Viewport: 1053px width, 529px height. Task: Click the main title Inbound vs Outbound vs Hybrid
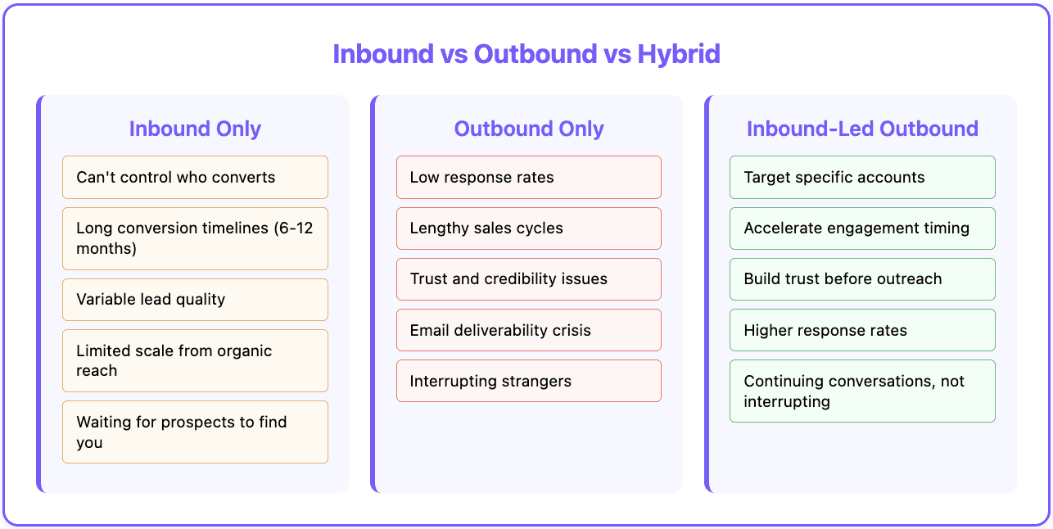[526, 54]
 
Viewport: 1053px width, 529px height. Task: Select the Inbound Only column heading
[195, 129]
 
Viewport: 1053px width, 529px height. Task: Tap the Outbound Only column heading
[529, 129]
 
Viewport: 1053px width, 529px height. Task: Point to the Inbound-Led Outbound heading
[862, 129]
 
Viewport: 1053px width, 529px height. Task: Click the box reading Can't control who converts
[195, 177]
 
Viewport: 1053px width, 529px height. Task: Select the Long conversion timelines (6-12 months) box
[195, 238]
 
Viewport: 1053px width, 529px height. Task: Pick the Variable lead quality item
[195, 299]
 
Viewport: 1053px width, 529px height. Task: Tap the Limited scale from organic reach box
[195, 360]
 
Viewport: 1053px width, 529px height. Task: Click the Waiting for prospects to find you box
[195, 432]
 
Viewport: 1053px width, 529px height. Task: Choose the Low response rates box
[529, 177]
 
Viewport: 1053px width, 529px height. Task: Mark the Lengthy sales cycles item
[529, 228]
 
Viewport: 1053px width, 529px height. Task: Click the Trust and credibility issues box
[529, 278]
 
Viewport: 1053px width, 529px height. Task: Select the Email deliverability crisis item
[529, 330]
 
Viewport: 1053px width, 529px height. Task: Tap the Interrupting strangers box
[529, 381]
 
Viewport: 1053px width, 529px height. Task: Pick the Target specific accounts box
[862, 177]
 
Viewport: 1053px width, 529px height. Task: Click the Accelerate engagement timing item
[862, 228]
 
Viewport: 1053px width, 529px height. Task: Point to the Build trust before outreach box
[862, 278]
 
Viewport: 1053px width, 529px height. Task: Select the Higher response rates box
[862, 330]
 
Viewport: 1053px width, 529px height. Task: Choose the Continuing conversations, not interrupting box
[862, 391]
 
